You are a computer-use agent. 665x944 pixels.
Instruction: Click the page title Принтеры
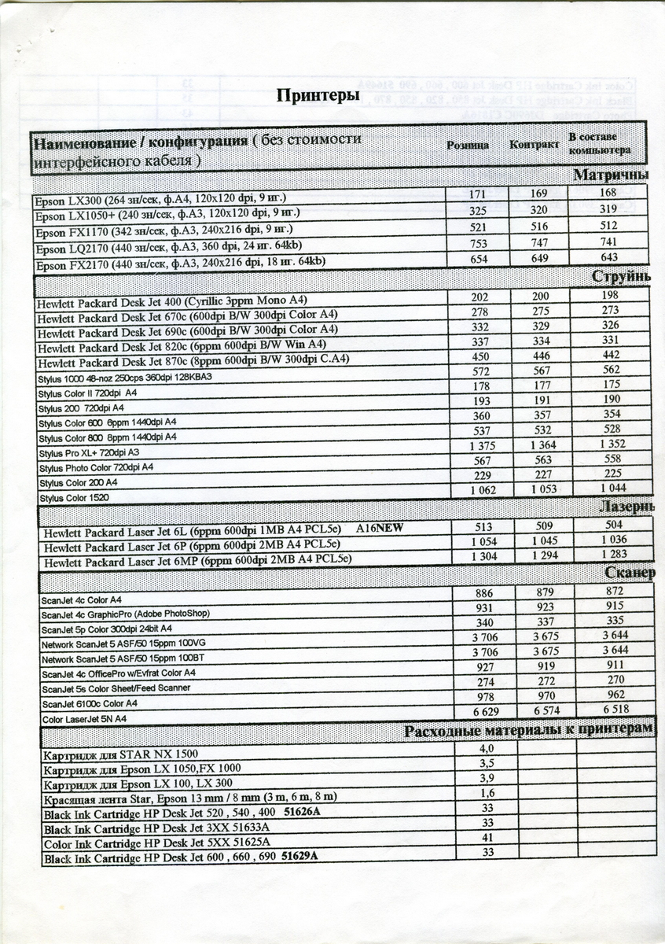click(318, 96)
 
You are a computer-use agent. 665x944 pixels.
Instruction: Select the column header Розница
click(468, 146)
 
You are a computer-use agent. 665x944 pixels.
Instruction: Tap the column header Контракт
click(534, 146)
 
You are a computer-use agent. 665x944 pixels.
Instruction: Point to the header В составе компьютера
click(599, 143)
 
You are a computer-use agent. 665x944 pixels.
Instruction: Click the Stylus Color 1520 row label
click(74, 498)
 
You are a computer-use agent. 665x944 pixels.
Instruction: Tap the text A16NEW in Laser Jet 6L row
click(379, 528)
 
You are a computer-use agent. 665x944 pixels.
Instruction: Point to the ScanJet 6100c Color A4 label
click(89, 703)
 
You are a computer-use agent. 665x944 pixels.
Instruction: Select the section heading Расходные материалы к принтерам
click(527, 730)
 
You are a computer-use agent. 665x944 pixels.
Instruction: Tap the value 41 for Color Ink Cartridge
click(487, 838)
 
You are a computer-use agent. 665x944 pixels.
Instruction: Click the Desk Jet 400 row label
click(171, 301)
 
